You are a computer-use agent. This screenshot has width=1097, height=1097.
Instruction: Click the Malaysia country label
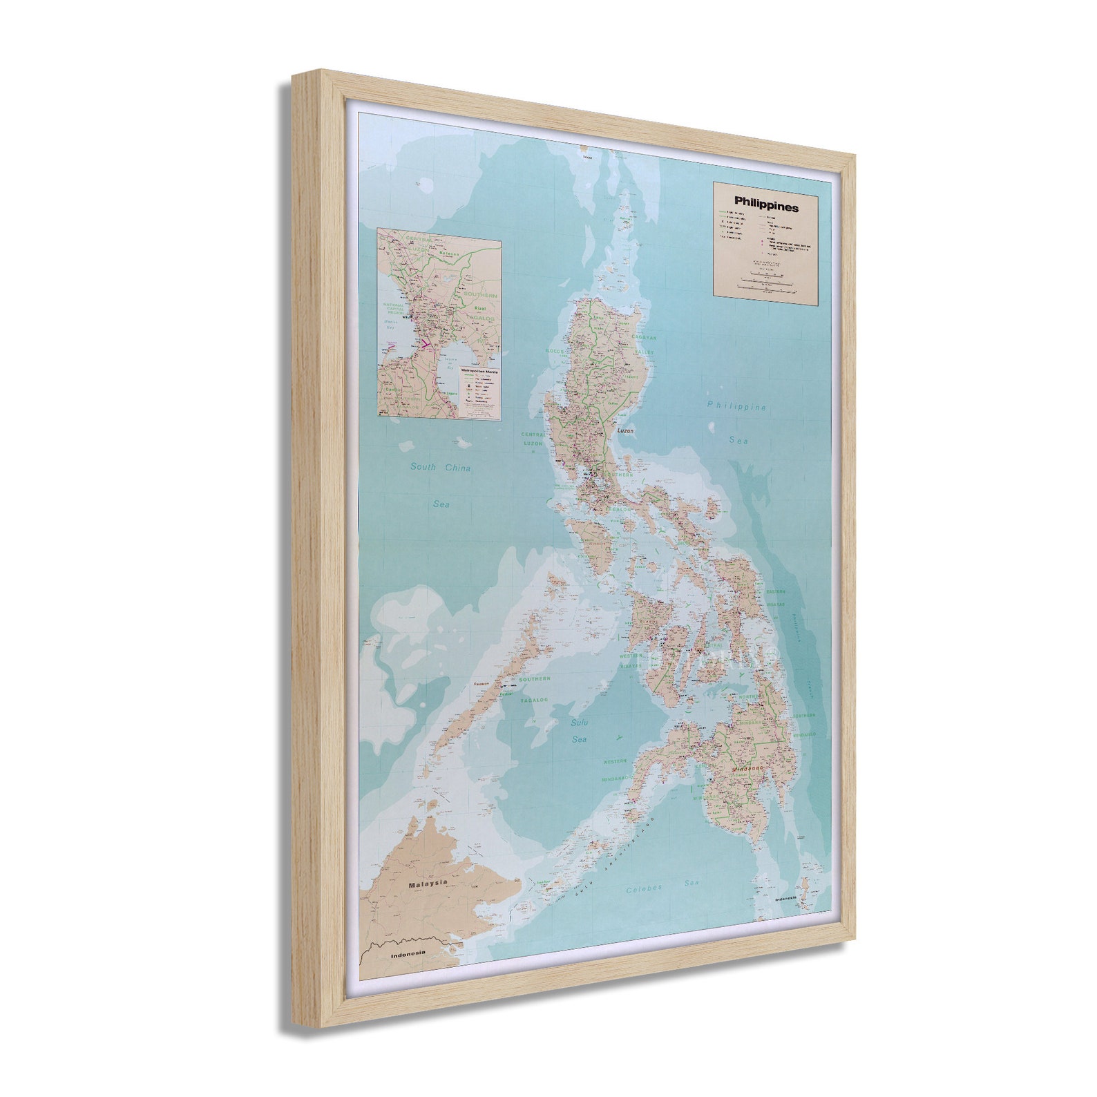tap(428, 884)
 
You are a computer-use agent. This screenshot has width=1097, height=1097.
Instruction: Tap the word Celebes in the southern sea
tap(644, 889)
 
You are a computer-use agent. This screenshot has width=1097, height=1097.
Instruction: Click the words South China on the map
tap(440, 468)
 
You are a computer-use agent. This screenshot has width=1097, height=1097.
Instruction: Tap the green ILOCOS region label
tap(555, 351)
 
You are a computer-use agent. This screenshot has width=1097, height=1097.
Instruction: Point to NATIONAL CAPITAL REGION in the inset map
tap(394, 308)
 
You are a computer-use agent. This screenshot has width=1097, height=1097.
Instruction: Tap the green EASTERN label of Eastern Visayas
tap(775, 591)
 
